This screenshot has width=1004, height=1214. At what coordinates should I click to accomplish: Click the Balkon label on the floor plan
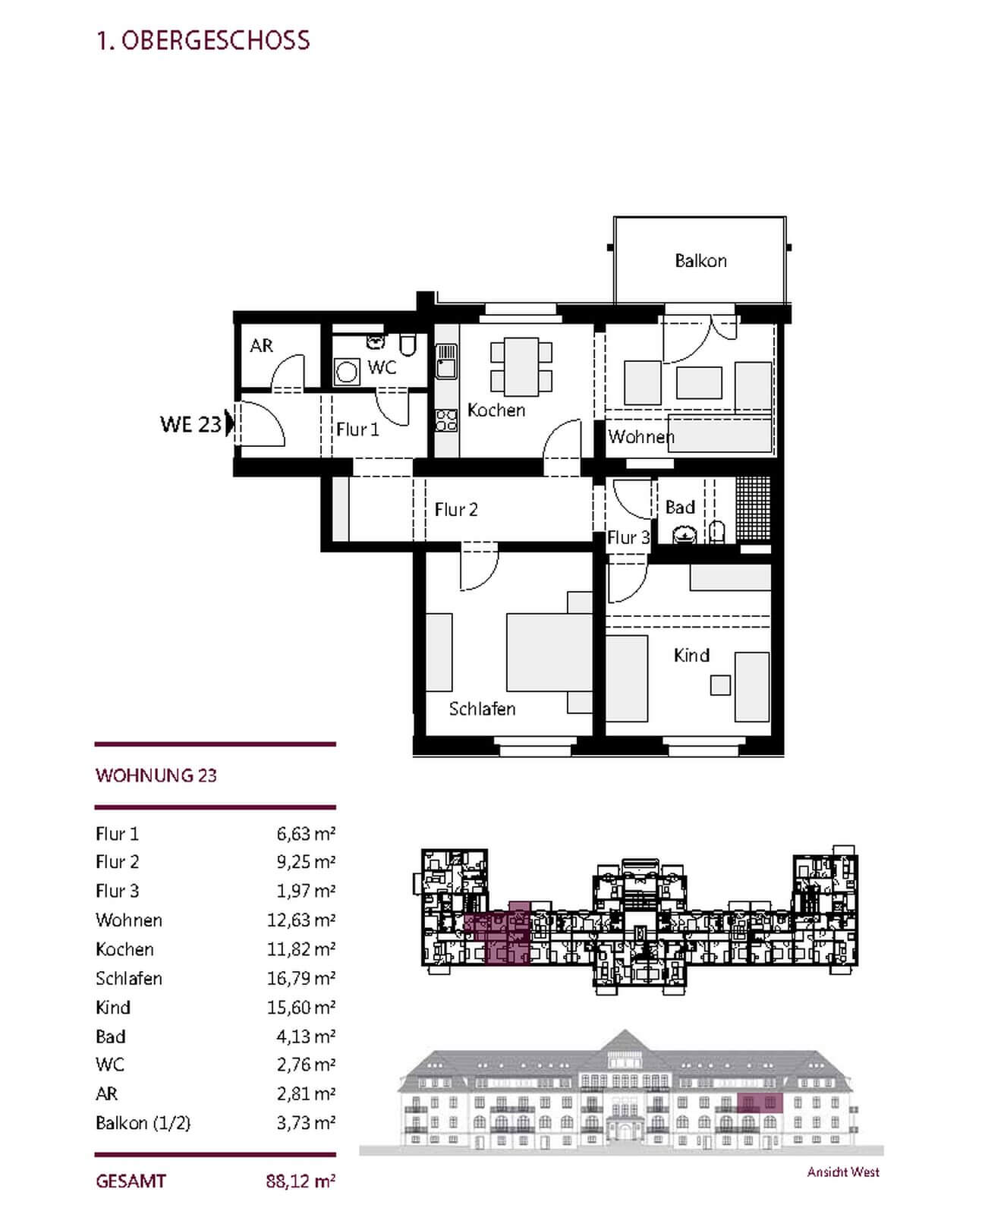pos(700,261)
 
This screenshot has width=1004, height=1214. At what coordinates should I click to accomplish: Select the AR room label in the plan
pos(261,346)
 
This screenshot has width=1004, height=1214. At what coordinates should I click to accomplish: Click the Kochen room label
pos(496,410)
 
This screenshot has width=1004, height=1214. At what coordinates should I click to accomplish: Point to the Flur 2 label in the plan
pos(456,510)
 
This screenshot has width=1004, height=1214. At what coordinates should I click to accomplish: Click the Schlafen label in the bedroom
pos(482,709)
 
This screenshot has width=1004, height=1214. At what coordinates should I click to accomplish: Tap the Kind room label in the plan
pos(691,655)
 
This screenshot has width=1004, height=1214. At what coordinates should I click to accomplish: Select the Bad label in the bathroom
pos(680,507)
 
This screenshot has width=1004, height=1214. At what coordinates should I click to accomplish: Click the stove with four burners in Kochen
pos(446,420)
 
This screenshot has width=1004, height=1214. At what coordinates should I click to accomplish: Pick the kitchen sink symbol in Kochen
pos(446,361)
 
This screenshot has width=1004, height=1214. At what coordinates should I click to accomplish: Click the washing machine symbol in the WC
pos(347,373)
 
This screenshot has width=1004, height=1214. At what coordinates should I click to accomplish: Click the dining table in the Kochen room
pos(521,366)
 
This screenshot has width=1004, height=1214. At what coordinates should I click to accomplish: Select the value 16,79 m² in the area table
pos(301,978)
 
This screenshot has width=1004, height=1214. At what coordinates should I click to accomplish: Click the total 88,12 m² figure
pos(301,1181)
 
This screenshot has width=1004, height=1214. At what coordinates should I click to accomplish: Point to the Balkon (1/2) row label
pos(143,1123)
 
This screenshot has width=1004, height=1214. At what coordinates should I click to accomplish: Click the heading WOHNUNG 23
pos(156,775)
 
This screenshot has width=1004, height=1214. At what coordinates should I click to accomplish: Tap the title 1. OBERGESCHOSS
pos(203,40)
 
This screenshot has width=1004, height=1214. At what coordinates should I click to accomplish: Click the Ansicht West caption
pos(843,1172)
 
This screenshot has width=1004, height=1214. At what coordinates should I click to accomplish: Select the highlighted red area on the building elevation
pos(759,1102)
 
